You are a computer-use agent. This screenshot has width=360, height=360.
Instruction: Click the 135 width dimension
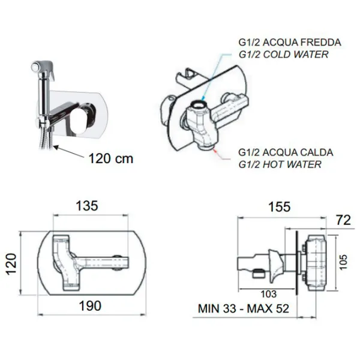tap(87, 206)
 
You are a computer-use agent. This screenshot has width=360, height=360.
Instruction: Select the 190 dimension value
tap(90, 306)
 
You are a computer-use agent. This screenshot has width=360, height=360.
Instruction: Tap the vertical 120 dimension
tap(11, 264)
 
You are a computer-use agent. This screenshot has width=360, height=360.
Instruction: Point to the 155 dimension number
tap(280, 206)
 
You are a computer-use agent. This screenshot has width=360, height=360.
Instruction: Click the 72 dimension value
tap(343, 220)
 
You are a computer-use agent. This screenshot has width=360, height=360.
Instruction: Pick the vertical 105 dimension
tap(343, 262)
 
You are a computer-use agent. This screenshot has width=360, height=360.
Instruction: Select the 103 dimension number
tap(269, 294)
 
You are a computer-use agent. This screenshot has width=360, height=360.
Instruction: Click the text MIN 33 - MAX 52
tap(244, 308)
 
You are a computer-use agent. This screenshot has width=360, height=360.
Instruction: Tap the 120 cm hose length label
tap(111, 158)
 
